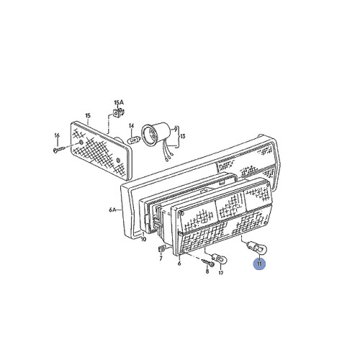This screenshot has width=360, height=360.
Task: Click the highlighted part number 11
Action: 258,264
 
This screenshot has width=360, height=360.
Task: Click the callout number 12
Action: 221,274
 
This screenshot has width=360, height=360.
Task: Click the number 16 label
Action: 56,135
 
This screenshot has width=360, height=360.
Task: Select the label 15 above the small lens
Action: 87,115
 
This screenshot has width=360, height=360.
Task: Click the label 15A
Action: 118,102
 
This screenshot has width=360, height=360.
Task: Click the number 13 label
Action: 182,136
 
